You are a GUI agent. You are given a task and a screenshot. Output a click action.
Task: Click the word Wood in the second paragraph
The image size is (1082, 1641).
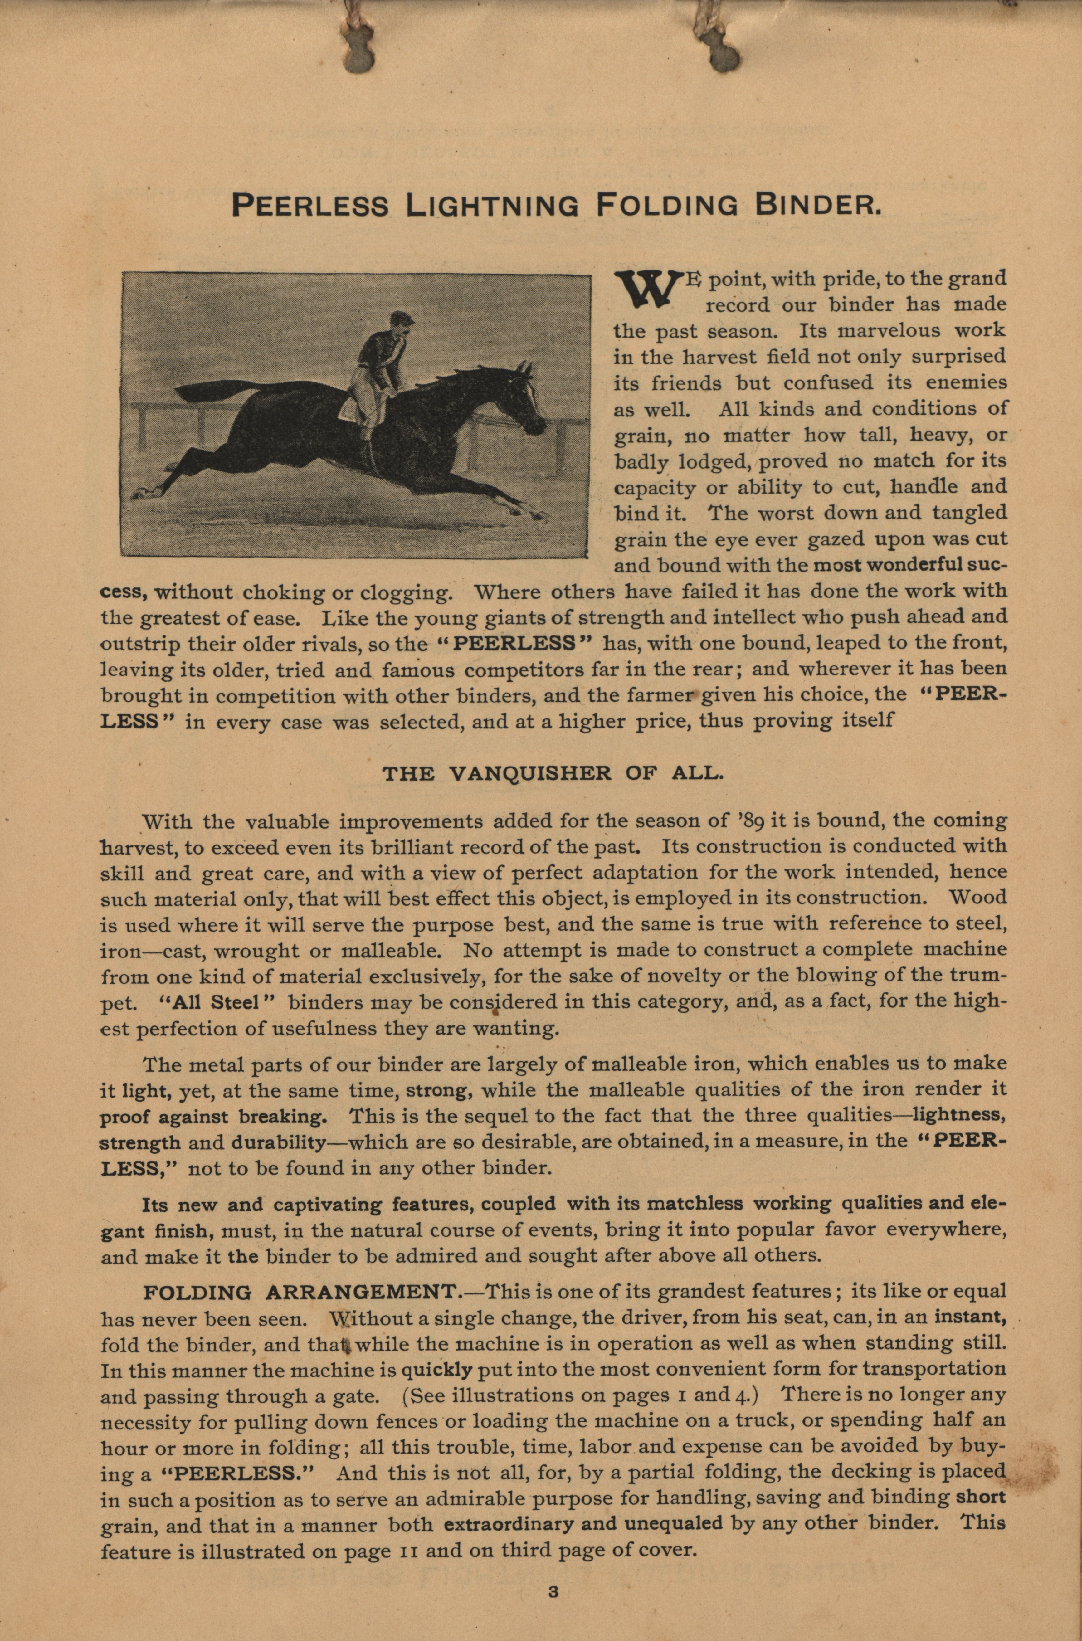point(978,898)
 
